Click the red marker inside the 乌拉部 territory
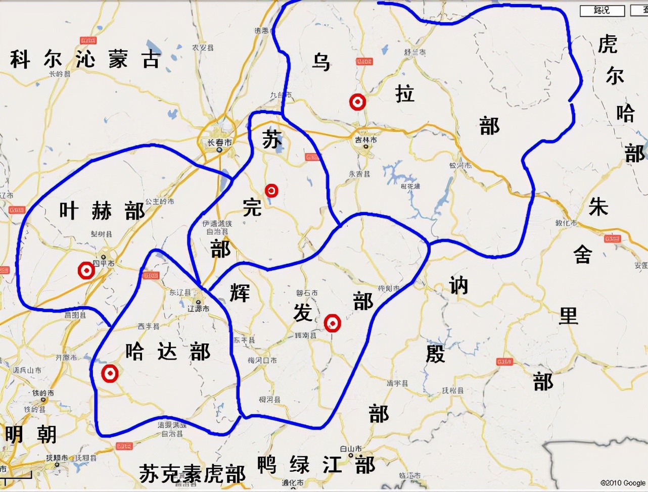pyautogui.click(x=358, y=103)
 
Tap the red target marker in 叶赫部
pyautogui.click(x=86, y=271)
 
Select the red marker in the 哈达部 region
pyautogui.click(x=110, y=374)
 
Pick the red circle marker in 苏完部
pyautogui.click(x=272, y=190)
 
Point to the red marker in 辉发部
pyautogui.click(x=332, y=322)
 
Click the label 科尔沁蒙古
pyautogui.click(x=85, y=60)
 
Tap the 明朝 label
pyautogui.click(x=31, y=434)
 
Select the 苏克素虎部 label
pyautogui.click(x=192, y=474)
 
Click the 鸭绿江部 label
pyautogui.click(x=316, y=465)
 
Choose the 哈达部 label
pyautogui.click(x=167, y=351)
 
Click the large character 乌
pyautogui.click(x=321, y=62)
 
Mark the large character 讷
pyautogui.click(x=458, y=286)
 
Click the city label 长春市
pyautogui.click(x=219, y=143)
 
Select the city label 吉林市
pyautogui.click(x=365, y=140)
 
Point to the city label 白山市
pyautogui.click(x=351, y=449)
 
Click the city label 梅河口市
pyautogui.click(x=262, y=360)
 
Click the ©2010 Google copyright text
pyautogui.click(x=623, y=483)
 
